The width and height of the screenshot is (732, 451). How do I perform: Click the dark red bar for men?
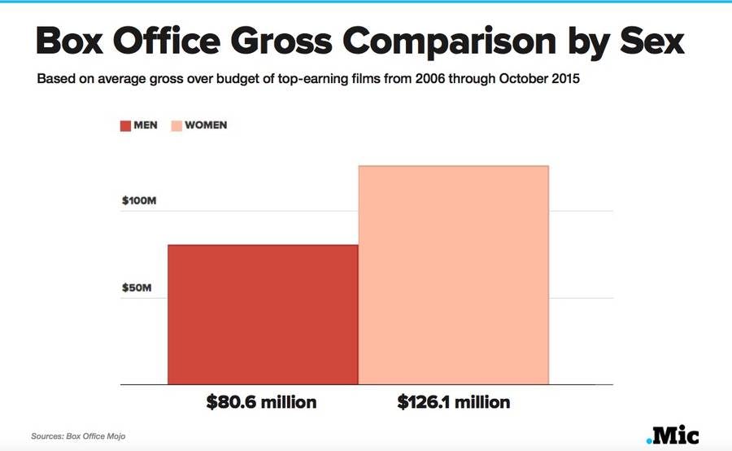pyautogui.click(x=262, y=314)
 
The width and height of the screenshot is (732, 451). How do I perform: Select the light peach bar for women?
pyautogui.click(x=454, y=274)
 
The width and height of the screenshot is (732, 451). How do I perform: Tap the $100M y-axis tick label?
pyautogui.click(x=138, y=200)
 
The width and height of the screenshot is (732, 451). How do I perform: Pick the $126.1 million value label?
pyautogui.click(x=454, y=402)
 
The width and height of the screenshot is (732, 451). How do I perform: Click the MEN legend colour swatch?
pyautogui.click(x=125, y=126)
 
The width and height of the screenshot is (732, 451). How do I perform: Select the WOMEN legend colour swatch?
pyautogui.click(x=176, y=126)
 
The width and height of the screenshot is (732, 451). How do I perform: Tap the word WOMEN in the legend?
pyautogui.click(x=206, y=126)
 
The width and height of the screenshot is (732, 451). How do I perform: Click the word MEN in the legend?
pyautogui.click(x=146, y=126)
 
